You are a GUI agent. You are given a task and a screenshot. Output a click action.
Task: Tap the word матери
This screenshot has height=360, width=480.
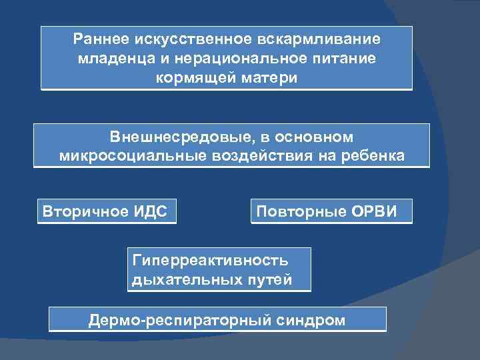(x=267, y=77)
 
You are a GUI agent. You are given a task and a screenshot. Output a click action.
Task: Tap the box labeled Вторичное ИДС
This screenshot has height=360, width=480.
(x=107, y=211)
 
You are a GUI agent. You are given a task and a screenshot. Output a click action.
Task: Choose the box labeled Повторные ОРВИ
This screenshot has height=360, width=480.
(x=331, y=211)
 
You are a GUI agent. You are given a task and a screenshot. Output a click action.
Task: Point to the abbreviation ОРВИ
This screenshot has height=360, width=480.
(x=377, y=211)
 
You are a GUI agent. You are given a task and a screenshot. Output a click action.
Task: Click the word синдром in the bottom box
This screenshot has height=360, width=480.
(x=310, y=320)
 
